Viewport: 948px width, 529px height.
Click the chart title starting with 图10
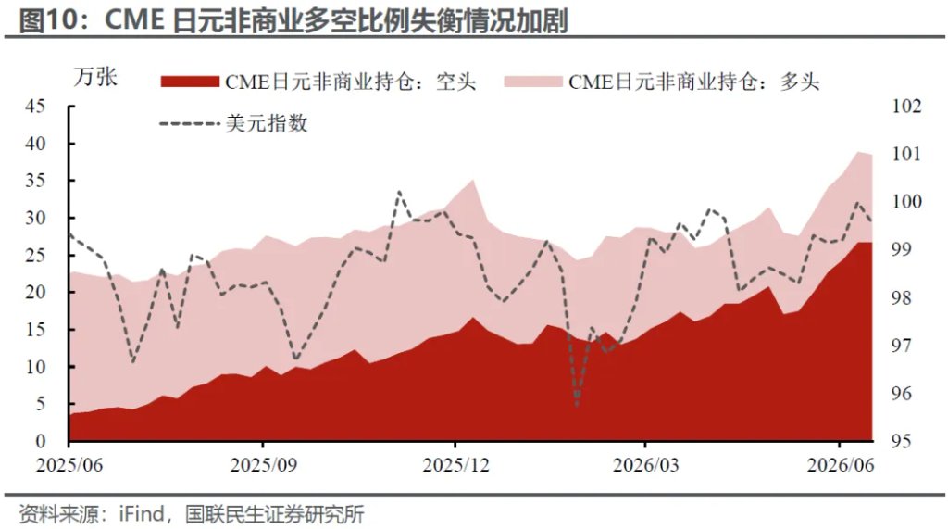tap(293, 20)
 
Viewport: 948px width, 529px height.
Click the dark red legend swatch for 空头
tap(189, 82)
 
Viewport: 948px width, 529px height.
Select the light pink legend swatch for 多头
tap(532, 82)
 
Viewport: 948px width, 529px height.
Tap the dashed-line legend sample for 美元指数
tap(189, 123)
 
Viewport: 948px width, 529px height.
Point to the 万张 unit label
tap(95, 78)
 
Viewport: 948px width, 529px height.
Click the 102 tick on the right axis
tap(907, 106)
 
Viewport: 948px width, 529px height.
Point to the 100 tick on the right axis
tap(907, 202)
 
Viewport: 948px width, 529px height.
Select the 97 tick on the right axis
tap(902, 345)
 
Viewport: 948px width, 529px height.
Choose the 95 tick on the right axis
tap(902, 441)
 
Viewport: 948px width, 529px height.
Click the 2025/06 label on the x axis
tap(69, 465)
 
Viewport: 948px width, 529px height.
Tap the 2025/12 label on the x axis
tap(455, 465)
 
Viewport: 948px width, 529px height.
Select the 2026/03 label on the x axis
tap(645, 465)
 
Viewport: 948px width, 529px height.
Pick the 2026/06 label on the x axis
tap(841, 465)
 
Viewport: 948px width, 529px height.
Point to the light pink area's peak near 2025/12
tap(472, 180)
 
